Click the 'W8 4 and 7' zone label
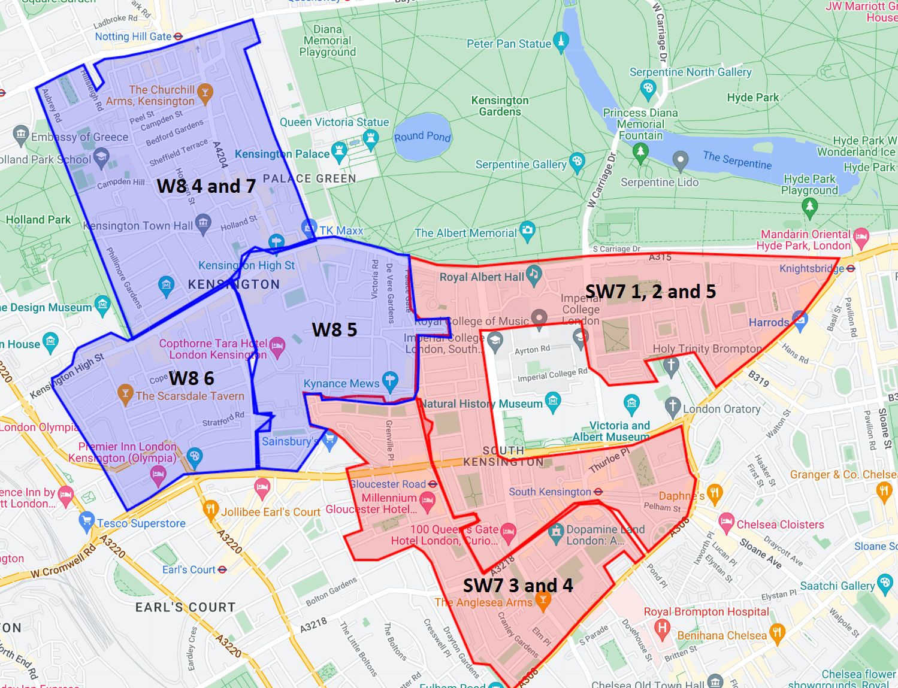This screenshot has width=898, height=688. [206, 186]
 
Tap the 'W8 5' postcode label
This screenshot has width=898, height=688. [334, 330]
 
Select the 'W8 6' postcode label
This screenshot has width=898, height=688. [192, 378]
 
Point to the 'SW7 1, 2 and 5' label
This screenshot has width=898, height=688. [650, 292]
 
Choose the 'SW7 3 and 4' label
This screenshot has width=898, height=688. [518, 585]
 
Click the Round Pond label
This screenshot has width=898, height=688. [422, 137]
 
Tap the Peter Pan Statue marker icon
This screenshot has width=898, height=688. [561, 41]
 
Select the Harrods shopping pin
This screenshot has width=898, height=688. [800, 319]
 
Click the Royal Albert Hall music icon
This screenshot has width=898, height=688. [534, 275]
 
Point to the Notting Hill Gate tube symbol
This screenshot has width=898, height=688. [178, 37]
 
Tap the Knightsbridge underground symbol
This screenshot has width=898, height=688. [851, 269]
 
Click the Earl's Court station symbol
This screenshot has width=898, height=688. [222, 569]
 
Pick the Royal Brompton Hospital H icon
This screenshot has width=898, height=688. [662, 628]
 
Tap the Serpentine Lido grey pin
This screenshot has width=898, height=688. [680, 160]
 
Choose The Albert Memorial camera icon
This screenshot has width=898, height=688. [527, 230]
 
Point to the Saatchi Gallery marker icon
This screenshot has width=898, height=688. [884, 582]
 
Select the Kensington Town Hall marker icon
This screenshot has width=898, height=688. [203, 223]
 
